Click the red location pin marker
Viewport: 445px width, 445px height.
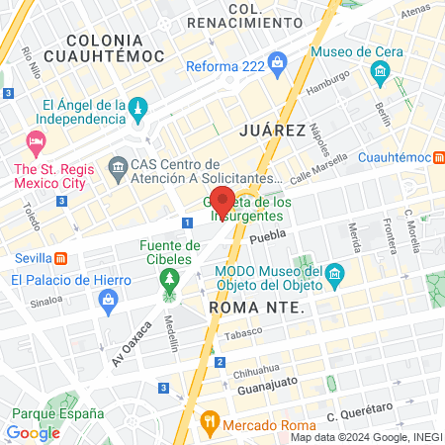tap(222, 200)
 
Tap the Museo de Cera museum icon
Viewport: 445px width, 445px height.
tap(379, 72)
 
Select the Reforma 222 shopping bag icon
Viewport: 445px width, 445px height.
tap(279, 67)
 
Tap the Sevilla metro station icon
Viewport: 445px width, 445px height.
tap(61, 259)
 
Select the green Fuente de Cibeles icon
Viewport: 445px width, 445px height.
tap(169, 278)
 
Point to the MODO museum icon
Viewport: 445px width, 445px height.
tap(334, 272)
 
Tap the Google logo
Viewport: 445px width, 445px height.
tap(33, 432)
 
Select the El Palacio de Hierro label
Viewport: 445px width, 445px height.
tap(70, 280)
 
